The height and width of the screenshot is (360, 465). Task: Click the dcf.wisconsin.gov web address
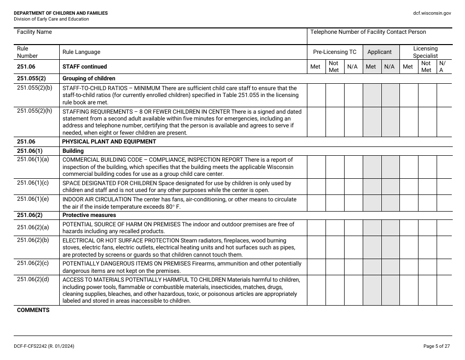[x=432, y=13]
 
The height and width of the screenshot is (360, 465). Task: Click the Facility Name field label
[x=34, y=32]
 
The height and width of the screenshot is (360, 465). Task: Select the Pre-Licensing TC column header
[x=335, y=52]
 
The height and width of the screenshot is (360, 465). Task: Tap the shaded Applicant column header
[x=379, y=52]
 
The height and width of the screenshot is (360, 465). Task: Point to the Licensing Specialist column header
[x=425, y=52]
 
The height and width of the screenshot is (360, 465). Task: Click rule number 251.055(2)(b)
[x=34, y=88]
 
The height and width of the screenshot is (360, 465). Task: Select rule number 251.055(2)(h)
[x=34, y=111]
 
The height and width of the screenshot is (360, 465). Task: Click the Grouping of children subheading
[x=89, y=78]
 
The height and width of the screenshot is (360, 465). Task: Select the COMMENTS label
[x=33, y=310]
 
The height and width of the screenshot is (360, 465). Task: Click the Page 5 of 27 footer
[x=437, y=346]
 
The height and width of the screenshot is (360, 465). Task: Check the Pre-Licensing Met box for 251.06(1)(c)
[x=316, y=187]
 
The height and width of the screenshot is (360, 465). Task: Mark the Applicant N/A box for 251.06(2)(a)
[x=390, y=228]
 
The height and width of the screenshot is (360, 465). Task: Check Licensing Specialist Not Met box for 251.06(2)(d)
[x=427, y=290]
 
